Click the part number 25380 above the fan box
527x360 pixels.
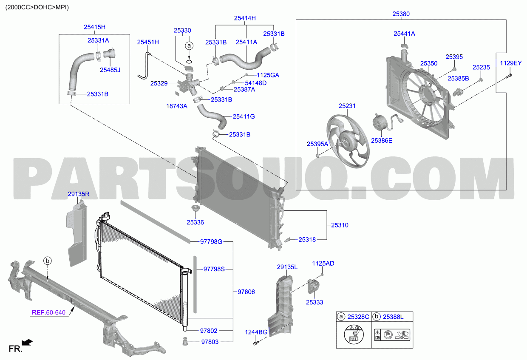click(x=401, y=14)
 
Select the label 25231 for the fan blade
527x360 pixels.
click(x=347, y=106)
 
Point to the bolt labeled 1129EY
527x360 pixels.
click(x=509, y=76)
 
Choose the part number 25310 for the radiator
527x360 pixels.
click(x=340, y=225)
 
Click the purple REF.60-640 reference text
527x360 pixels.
click(x=48, y=312)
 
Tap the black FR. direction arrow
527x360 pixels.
click(x=27, y=342)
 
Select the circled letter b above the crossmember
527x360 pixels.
click(x=48, y=261)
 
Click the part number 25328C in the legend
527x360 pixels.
click(x=358, y=317)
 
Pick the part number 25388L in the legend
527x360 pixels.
click(x=393, y=317)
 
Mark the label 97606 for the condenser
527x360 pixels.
click(x=246, y=292)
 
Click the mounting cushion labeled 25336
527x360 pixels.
click(x=195, y=208)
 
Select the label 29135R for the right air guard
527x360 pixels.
click(x=79, y=194)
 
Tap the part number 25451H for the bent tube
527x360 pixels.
click(x=148, y=42)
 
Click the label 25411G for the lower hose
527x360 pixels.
click(x=244, y=116)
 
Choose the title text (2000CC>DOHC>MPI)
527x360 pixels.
click(x=37, y=7)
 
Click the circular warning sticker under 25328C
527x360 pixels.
click(x=354, y=334)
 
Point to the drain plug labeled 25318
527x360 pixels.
click(x=287, y=240)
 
